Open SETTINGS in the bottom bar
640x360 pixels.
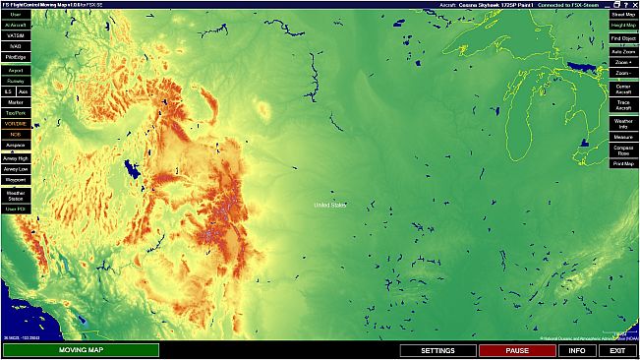[x=437, y=350]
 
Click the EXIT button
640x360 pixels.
[x=617, y=350]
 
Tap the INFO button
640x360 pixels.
[x=577, y=350]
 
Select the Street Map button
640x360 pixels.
[x=622, y=15]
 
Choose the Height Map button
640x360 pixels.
[x=622, y=27]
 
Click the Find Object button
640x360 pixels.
[x=622, y=38]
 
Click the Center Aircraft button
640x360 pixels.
[x=622, y=88]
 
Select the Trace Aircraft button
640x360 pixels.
[x=622, y=104]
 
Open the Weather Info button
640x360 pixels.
[x=622, y=122]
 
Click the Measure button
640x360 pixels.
[x=622, y=136]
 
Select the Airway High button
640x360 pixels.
[x=16, y=157]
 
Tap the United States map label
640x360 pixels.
[x=330, y=205]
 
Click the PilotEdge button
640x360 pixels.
[x=16, y=57]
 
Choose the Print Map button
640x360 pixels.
[x=622, y=163]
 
